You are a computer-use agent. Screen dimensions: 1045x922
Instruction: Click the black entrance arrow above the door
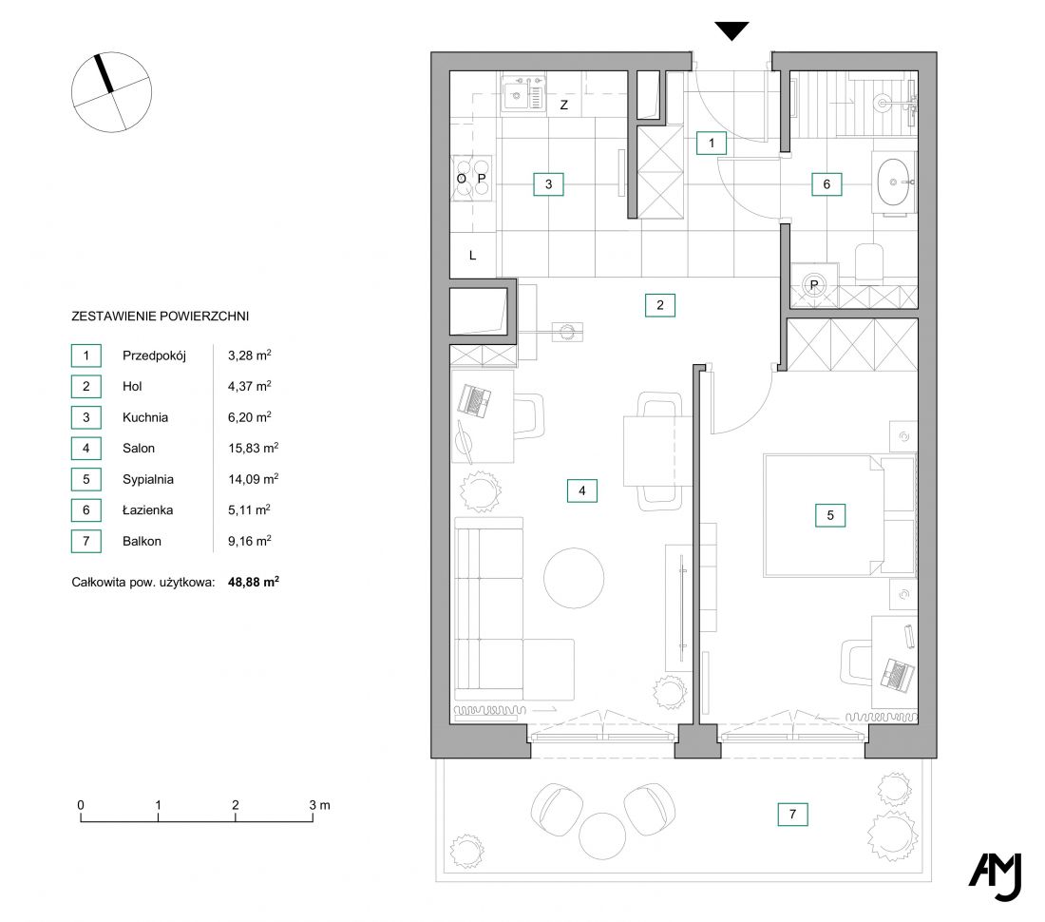click(x=731, y=30)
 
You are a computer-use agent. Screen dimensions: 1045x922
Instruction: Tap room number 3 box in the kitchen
click(x=548, y=184)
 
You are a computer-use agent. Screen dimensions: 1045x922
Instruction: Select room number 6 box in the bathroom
click(x=826, y=184)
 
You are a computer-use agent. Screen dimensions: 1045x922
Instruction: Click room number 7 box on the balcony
click(x=792, y=814)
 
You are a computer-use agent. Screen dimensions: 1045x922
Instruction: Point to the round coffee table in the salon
click(x=574, y=577)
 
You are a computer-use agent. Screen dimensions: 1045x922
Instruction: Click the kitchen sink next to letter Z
click(x=523, y=93)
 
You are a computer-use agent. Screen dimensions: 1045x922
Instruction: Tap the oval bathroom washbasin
click(x=893, y=182)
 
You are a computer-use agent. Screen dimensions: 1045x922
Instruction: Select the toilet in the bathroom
click(x=869, y=262)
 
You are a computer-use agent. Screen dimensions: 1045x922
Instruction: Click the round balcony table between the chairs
click(x=602, y=836)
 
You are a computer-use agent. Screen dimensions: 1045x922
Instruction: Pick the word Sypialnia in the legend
click(x=148, y=479)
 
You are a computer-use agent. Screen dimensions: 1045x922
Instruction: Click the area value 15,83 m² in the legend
click(x=254, y=448)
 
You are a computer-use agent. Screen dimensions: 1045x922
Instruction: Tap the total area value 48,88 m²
click(x=254, y=582)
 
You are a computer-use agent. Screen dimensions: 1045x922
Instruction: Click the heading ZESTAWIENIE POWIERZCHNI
click(x=160, y=316)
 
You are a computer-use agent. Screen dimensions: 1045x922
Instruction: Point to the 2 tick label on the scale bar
click(x=236, y=805)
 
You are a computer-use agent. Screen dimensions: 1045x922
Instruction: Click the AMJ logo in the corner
click(x=996, y=876)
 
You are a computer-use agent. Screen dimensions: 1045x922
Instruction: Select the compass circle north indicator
click(x=111, y=92)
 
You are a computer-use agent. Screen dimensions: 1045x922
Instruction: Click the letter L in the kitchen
click(x=472, y=256)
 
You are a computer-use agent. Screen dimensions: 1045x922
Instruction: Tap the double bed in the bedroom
click(x=840, y=515)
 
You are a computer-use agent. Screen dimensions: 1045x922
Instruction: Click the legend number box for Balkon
click(x=85, y=541)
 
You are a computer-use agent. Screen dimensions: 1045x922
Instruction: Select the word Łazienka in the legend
click(x=147, y=510)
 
